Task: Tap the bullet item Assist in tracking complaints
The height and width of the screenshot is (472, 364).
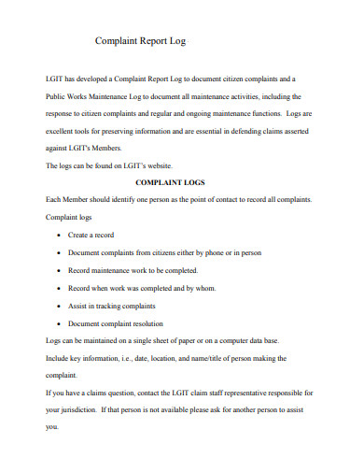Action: point(111,306)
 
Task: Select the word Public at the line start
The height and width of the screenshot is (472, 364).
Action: point(57,95)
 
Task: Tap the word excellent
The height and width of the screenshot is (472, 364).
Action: point(64,130)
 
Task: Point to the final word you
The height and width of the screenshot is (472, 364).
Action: point(51,428)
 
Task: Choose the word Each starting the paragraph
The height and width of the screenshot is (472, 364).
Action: point(55,200)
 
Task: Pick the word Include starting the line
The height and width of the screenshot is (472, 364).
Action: point(60,358)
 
